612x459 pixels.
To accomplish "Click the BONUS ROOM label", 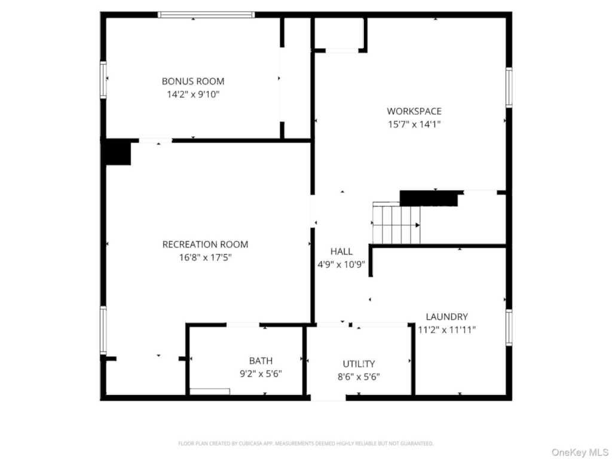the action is pyautogui.click(x=193, y=81).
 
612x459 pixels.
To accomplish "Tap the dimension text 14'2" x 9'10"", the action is pyautogui.click(x=193, y=94).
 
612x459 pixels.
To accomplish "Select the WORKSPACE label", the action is pyautogui.click(x=414, y=111).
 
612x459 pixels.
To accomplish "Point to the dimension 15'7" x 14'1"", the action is pyautogui.click(x=414, y=124).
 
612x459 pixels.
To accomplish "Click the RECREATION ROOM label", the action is pyautogui.click(x=206, y=244).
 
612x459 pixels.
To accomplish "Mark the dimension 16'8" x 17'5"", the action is pyautogui.click(x=206, y=258).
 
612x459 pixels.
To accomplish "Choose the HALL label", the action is pyautogui.click(x=341, y=252).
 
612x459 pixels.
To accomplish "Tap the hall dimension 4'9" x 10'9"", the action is pyautogui.click(x=341, y=265).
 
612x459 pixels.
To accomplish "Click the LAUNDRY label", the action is pyautogui.click(x=447, y=317).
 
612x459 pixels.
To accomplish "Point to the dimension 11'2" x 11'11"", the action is pyautogui.click(x=447, y=330).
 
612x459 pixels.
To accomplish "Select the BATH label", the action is pyautogui.click(x=261, y=360).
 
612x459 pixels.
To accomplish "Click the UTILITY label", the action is pyautogui.click(x=359, y=364).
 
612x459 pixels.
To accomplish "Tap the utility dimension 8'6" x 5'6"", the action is pyautogui.click(x=359, y=377).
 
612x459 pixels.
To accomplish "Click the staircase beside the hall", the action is pyautogui.click(x=396, y=224).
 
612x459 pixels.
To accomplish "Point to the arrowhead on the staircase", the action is pyautogui.click(x=418, y=225).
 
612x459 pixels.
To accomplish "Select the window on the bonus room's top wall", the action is pyautogui.click(x=206, y=15).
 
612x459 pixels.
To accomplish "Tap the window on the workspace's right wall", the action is pyautogui.click(x=509, y=87).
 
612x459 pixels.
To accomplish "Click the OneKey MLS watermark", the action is pyautogui.click(x=580, y=452).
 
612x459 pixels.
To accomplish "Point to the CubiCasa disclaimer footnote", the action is pyautogui.click(x=305, y=443).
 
